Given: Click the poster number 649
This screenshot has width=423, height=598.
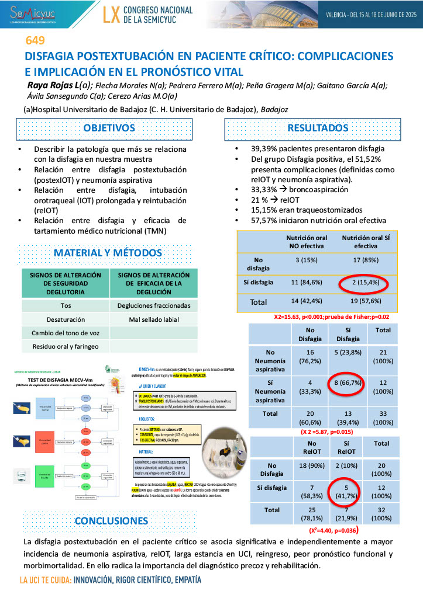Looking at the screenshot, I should coord(35,41).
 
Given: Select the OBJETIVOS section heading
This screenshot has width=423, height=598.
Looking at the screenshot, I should coord(109,128).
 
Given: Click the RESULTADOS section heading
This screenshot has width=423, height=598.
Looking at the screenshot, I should coord(317,128).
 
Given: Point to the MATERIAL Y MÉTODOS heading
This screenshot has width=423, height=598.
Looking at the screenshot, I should coord(108,253).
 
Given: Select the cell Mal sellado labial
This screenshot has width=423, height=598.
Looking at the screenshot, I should coord(153,319).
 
